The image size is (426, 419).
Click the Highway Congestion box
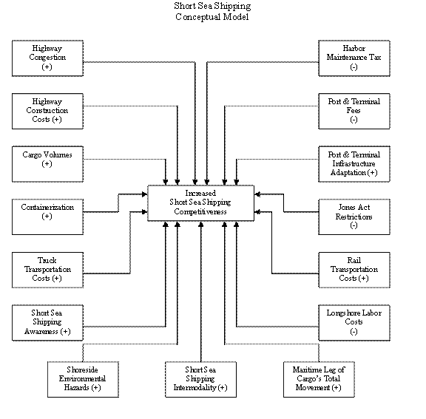[x=47, y=58]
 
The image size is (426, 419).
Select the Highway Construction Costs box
[x=47, y=112]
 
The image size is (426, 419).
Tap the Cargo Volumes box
[x=47, y=164]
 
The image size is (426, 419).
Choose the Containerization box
[x=47, y=217]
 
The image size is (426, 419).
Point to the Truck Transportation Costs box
[x=47, y=270]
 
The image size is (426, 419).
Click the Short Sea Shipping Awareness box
[x=47, y=323]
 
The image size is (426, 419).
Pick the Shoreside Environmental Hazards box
[x=83, y=379]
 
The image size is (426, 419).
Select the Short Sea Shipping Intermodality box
[x=200, y=379]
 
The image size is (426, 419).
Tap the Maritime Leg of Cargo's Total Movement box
[x=319, y=379]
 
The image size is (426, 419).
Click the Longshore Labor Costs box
[x=354, y=323]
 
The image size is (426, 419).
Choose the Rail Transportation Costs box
[x=354, y=270]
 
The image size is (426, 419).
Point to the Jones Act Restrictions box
[x=354, y=217]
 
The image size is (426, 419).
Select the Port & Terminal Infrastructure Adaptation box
[x=354, y=164]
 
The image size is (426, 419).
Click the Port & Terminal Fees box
[x=354, y=112]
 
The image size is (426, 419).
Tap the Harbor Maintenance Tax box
[x=354, y=58]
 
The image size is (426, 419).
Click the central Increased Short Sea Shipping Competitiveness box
[x=200, y=203]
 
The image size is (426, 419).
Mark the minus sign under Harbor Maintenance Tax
[x=354, y=67]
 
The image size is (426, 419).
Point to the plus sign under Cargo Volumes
[x=47, y=164]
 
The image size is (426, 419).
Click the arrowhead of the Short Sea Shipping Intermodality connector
[x=201, y=225]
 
